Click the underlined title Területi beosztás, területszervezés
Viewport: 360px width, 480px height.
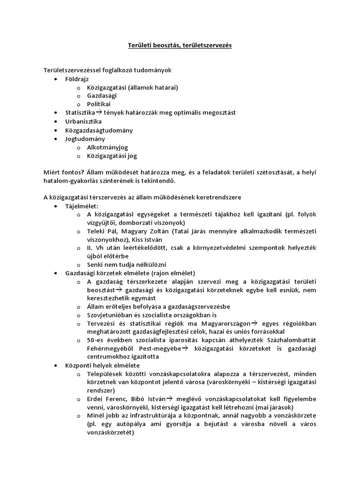click(x=180, y=45)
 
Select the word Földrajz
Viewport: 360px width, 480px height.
click(x=77, y=79)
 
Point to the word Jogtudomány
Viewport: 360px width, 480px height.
click(x=85, y=139)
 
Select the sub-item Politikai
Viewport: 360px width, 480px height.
click(x=98, y=104)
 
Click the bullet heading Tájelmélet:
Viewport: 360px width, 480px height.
click(x=82, y=207)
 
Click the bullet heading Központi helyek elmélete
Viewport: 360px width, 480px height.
click(x=103, y=365)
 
